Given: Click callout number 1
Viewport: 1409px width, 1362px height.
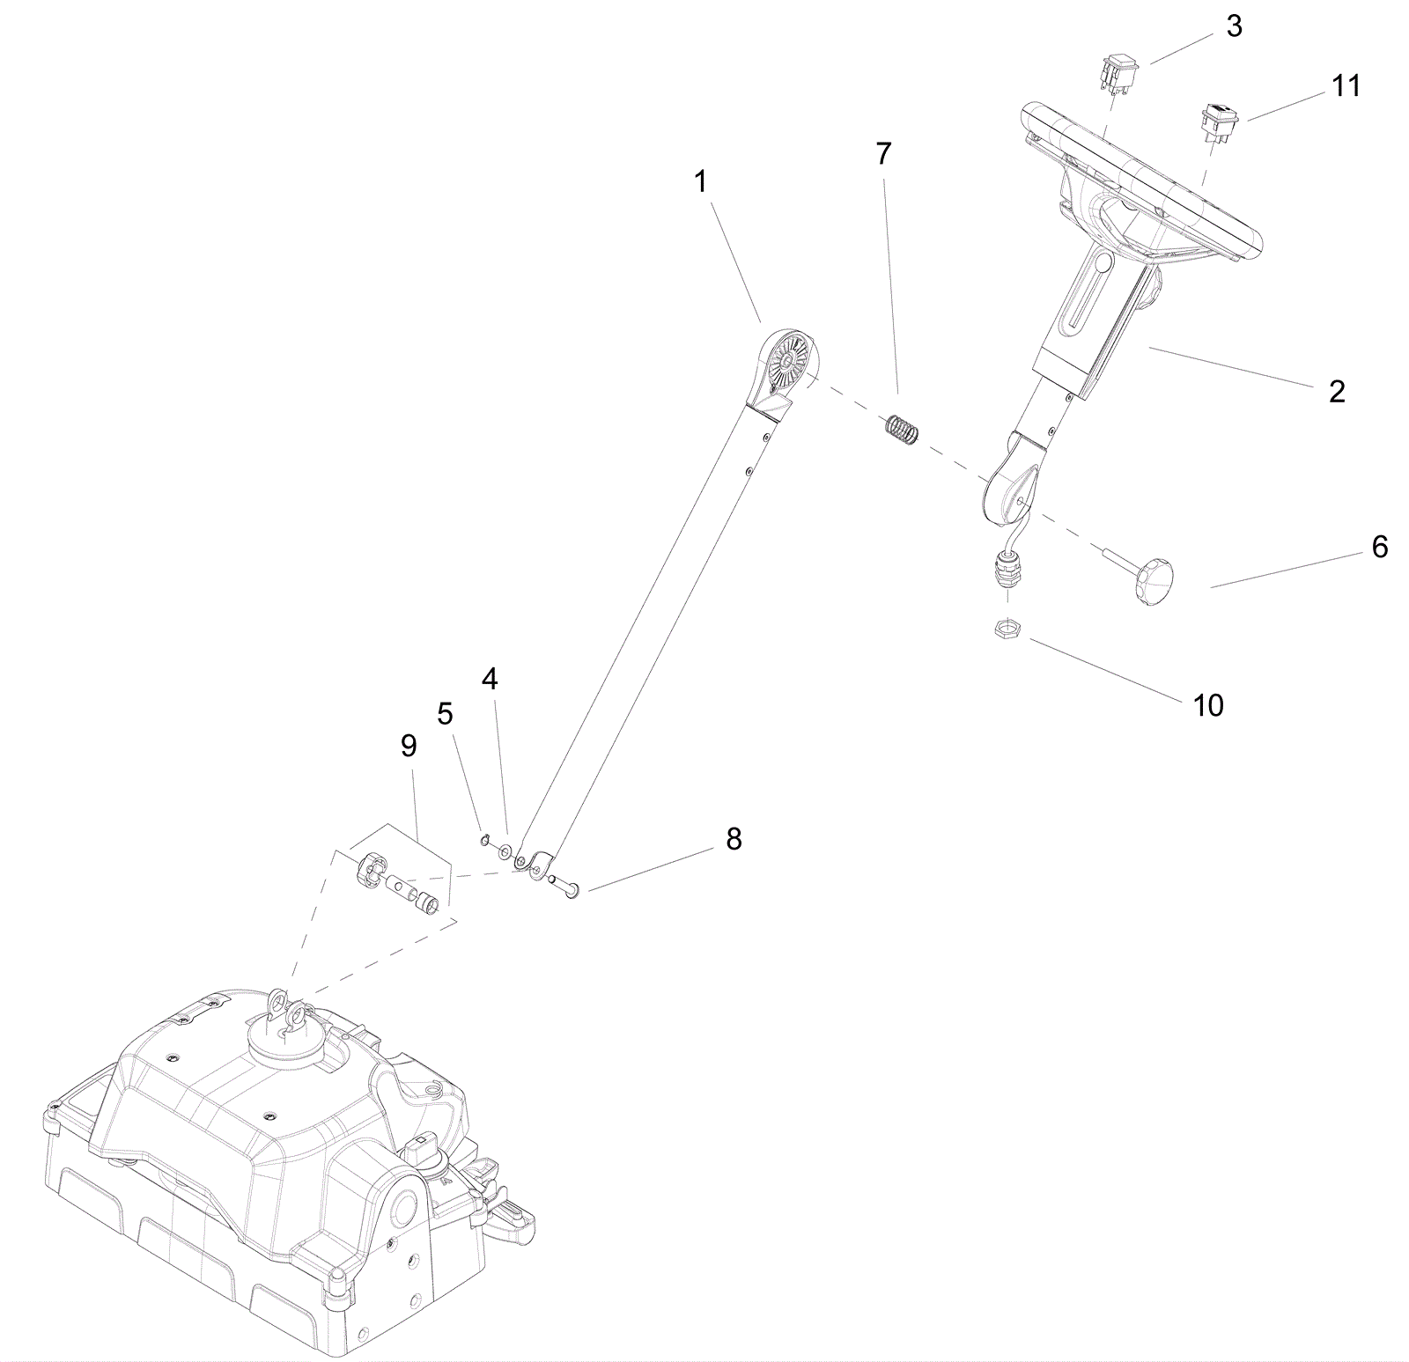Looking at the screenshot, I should point(700,182).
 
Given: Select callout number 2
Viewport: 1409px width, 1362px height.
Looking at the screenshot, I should point(1337,392).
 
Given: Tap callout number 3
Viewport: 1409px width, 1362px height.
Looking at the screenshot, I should point(1234,27).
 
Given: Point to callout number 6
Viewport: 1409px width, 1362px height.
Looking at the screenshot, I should point(1379,547).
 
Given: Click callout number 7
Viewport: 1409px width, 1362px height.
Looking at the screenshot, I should point(883,154).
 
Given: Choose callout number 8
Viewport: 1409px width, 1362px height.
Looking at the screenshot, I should point(734,839).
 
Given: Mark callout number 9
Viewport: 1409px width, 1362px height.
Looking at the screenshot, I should point(408,746).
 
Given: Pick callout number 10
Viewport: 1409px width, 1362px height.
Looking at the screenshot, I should point(1208,704).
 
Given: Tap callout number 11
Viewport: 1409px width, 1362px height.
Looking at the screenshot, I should point(1346,86).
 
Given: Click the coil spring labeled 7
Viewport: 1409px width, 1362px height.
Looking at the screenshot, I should point(903,429).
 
